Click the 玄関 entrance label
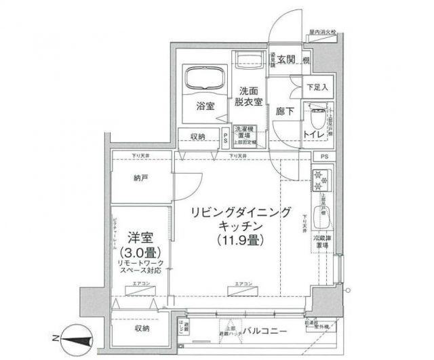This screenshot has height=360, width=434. tap(286, 59)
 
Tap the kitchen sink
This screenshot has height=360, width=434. tap(321, 217)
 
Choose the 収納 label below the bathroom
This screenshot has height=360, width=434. tap(197, 136)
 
